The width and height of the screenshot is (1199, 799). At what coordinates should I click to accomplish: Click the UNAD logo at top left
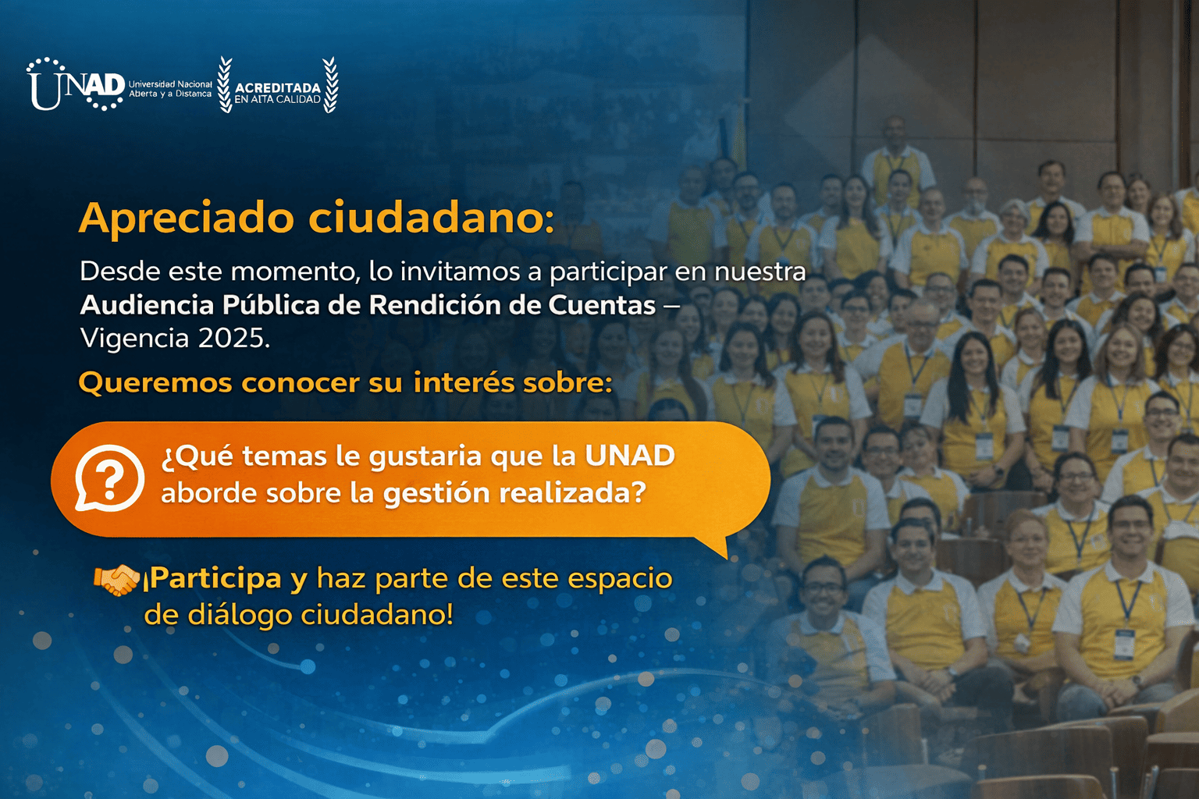tap(76, 85)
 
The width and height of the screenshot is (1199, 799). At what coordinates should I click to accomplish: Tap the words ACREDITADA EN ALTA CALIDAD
tap(278, 93)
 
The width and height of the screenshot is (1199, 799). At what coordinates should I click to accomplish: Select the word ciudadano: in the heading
tap(432, 218)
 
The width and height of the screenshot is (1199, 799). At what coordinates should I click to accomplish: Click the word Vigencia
tap(134, 338)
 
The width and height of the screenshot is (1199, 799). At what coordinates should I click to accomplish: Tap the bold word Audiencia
tap(146, 304)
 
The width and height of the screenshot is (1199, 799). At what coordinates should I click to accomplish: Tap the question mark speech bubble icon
tap(109, 478)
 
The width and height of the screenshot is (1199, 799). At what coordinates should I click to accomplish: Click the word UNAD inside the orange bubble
tap(629, 456)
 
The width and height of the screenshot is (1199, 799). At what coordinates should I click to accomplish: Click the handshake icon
tap(116, 580)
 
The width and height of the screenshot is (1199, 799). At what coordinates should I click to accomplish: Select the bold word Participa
tap(215, 579)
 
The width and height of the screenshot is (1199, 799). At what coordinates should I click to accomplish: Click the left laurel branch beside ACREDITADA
tap(225, 85)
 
